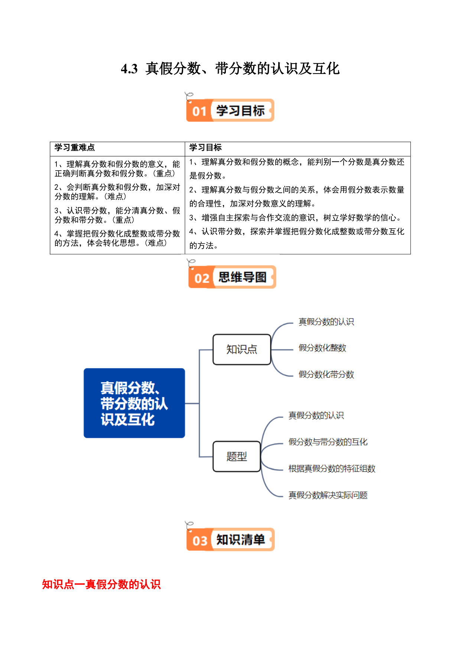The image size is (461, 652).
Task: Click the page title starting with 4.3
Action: click(230, 69)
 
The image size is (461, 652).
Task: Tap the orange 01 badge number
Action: click(199, 111)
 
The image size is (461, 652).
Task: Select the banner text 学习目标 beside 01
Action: click(241, 111)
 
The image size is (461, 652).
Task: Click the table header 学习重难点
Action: click(75, 148)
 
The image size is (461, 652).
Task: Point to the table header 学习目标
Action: click(205, 148)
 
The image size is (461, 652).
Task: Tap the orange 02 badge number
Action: click(202, 278)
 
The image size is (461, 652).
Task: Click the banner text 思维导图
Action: click(243, 277)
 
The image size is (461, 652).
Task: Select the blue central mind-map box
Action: click(134, 403)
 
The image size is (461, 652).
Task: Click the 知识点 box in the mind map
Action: click(242, 349)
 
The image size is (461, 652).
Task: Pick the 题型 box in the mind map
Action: click(237, 456)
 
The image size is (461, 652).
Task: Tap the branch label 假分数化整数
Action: click(322, 348)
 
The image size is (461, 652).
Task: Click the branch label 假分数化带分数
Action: click(326, 374)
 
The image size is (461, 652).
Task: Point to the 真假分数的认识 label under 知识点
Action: click(326, 322)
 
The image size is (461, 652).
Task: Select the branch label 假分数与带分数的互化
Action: click(328, 442)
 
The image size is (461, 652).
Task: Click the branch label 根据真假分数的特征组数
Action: click(332, 468)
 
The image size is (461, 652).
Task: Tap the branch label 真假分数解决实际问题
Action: click(328, 495)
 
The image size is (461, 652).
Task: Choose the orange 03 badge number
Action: click(200, 540)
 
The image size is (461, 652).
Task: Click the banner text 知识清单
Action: click(241, 540)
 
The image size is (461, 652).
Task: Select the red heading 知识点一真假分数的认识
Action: click(101, 584)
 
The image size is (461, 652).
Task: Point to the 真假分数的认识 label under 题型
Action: click(316, 415)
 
